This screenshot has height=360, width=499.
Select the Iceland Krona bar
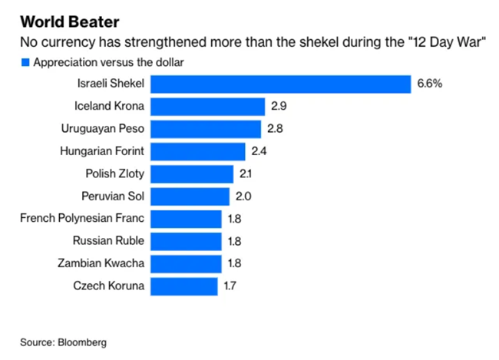(219, 107)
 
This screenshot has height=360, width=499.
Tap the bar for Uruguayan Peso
(217, 129)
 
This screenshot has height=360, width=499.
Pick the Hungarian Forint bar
(209, 151)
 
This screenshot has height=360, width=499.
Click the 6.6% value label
(431, 84)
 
